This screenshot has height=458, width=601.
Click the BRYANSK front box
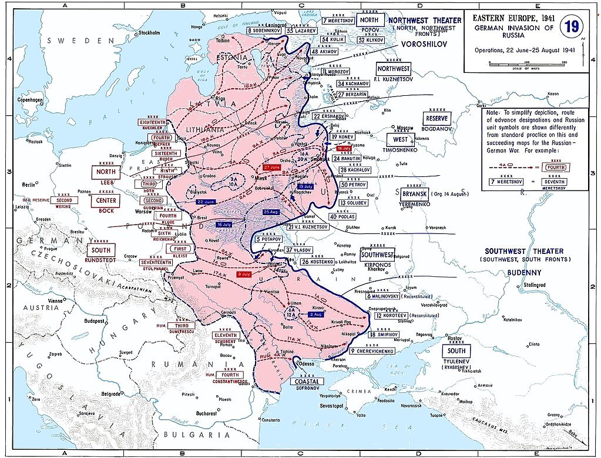click(415, 193)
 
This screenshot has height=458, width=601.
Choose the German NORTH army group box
click(106, 172)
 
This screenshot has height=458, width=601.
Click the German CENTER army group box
click(106, 200)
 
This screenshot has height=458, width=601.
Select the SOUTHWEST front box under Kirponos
click(377, 255)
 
